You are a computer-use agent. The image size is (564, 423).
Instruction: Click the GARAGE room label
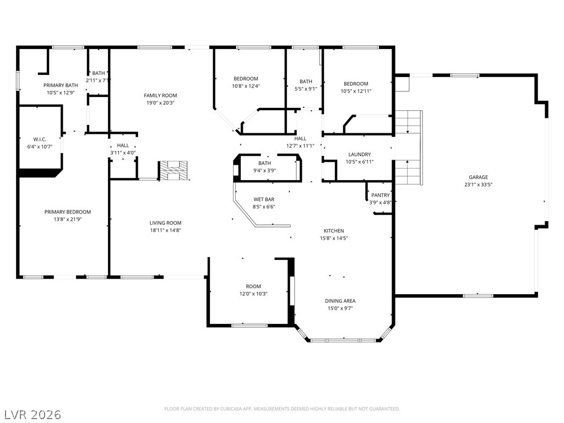pyautogui.click(x=478, y=177)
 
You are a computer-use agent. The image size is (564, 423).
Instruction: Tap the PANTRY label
pyautogui.click(x=380, y=196)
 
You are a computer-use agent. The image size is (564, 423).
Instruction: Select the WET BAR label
pyautogui.click(x=264, y=199)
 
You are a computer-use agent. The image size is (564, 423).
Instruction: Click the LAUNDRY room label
pyautogui.click(x=359, y=155)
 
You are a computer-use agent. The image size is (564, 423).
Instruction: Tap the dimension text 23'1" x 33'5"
pyautogui.click(x=478, y=185)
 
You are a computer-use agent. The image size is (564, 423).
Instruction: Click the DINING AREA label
pyautogui.click(x=340, y=301)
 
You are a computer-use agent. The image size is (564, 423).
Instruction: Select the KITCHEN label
pyautogui.click(x=334, y=231)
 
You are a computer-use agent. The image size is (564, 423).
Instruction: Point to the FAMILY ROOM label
pyautogui.click(x=160, y=96)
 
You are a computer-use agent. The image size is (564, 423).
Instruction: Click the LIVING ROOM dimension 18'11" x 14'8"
pyautogui.click(x=165, y=230)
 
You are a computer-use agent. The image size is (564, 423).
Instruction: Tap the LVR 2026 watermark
pyautogui.click(x=32, y=414)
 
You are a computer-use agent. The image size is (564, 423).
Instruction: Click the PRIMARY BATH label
pyautogui.click(x=61, y=85)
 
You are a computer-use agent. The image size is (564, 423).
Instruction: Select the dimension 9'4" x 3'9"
pyautogui.click(x=264, y=171)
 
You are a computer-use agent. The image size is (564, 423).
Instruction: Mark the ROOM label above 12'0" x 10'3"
pyautogui.click(x=253, y=286)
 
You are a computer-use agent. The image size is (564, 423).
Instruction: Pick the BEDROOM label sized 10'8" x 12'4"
pyautogui.click(x=246, y=79)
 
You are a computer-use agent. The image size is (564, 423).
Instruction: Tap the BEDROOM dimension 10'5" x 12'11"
pyautogui.click(x=356, y=91)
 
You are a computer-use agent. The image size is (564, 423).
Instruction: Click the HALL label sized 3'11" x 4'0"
pyautogui.click(x=123, y=145)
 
